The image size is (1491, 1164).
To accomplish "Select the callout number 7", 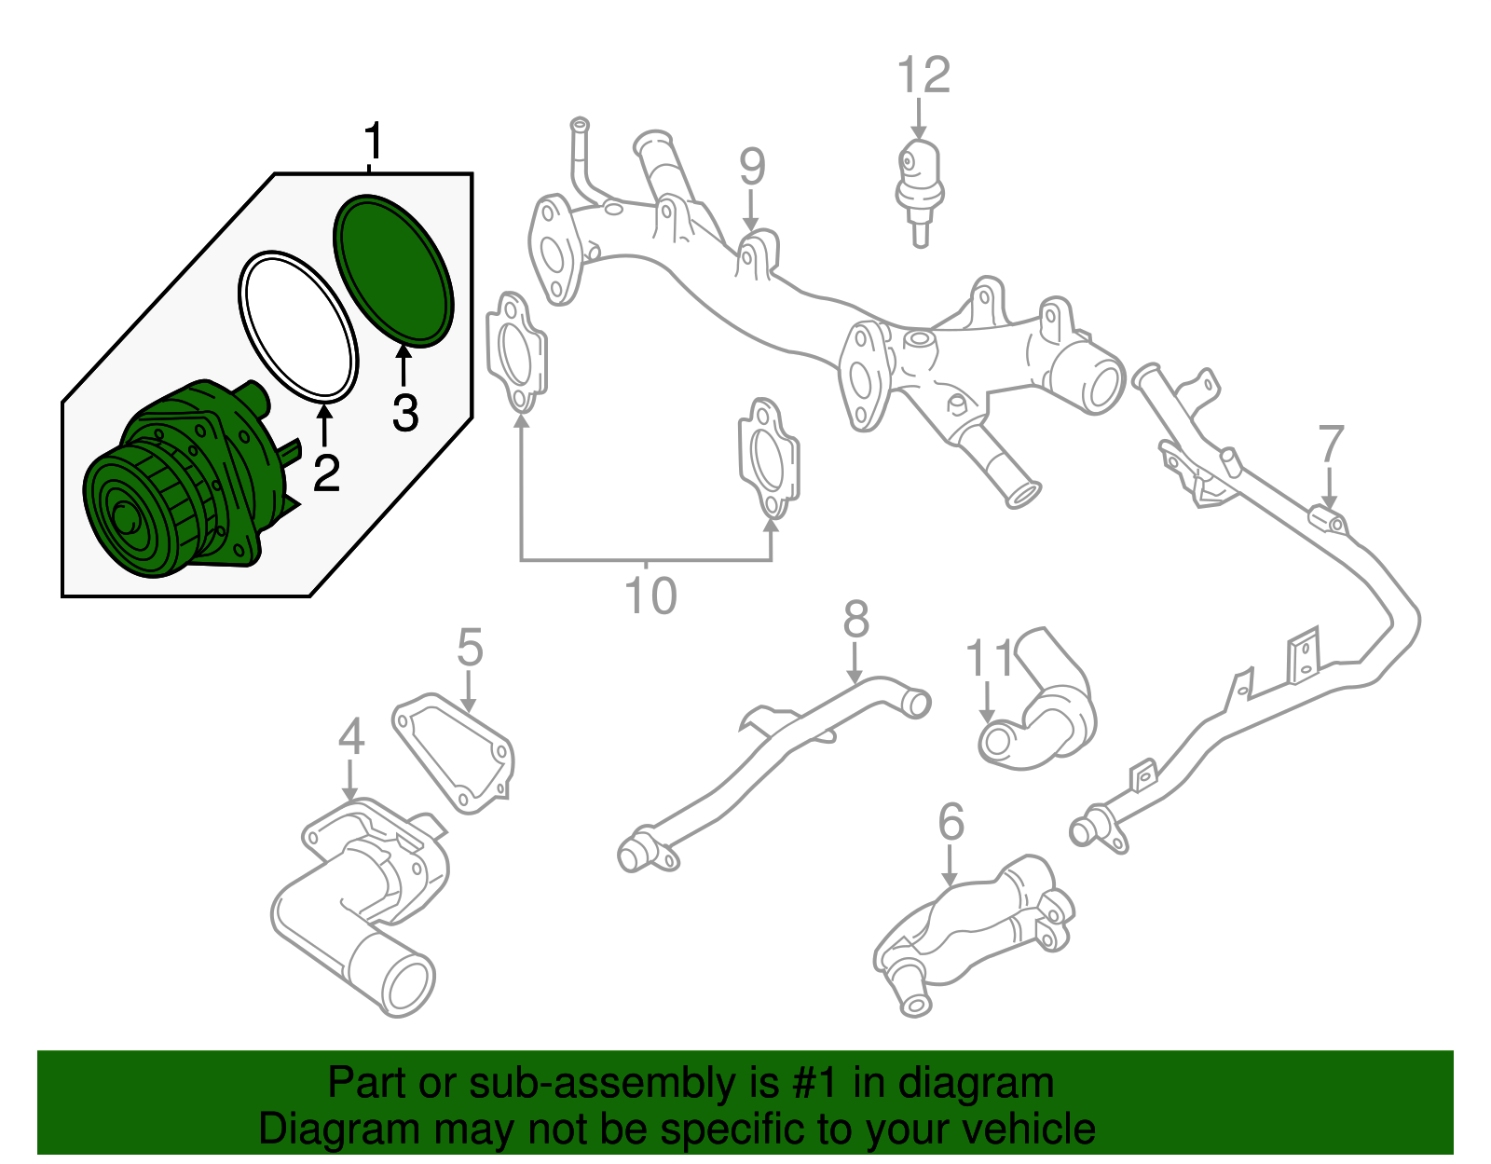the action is coord(1331,444).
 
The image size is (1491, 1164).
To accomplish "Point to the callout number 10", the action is coord(650,596).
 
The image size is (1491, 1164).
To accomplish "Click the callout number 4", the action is coord(351,736).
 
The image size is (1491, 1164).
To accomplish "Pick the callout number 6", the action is coord(951,821).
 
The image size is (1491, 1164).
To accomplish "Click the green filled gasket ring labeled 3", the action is coord(394,270).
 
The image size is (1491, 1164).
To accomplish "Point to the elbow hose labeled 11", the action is coord(1037,700).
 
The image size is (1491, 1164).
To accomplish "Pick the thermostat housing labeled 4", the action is coord(362,907).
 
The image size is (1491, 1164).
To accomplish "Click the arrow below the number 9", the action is coord(751,212).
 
